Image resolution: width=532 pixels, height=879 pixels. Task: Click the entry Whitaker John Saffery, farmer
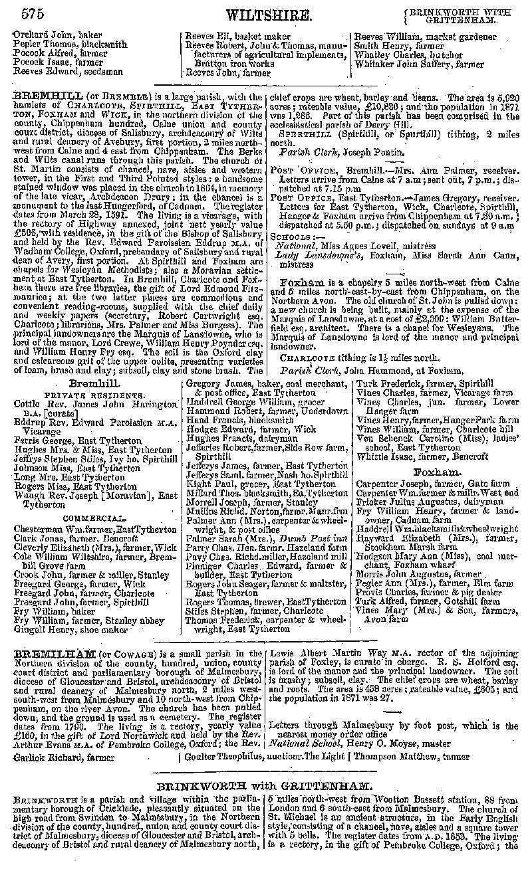pyautogui.click(x=419, y=64)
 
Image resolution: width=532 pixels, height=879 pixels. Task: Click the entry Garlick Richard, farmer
pyautogui.click(x=55, y=756)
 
